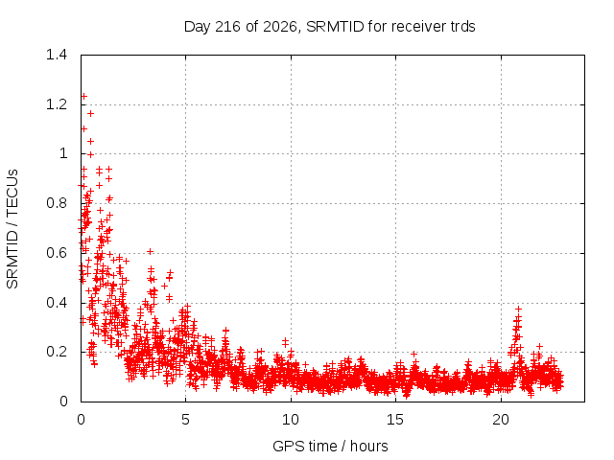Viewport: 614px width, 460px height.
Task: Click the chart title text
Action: [329, 27]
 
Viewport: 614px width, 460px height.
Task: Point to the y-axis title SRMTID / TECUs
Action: [12, 229]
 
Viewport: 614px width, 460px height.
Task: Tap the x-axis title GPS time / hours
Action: [330, 446]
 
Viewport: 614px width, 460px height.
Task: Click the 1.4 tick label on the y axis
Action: [57, 55]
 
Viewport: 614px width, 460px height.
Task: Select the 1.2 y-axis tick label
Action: [57, 104]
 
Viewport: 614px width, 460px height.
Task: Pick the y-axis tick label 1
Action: [63, 153]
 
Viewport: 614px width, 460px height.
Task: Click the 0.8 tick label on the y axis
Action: [57, 203]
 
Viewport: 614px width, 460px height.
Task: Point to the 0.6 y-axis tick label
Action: [57, 253]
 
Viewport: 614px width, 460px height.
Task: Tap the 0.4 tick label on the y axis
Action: [57, 303]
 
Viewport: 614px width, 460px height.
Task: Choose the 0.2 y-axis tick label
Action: [57, 352]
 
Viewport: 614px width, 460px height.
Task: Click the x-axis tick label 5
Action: [185, 420]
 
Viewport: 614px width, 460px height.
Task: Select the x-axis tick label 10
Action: [291, 420]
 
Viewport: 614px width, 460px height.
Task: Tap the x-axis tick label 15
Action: [395, 420]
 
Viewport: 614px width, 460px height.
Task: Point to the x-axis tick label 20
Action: [501, 420]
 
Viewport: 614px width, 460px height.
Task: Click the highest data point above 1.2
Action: [83, 96]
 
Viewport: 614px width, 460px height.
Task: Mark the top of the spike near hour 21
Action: [518, 309]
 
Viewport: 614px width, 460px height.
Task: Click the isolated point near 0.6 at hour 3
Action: [150, 251]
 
